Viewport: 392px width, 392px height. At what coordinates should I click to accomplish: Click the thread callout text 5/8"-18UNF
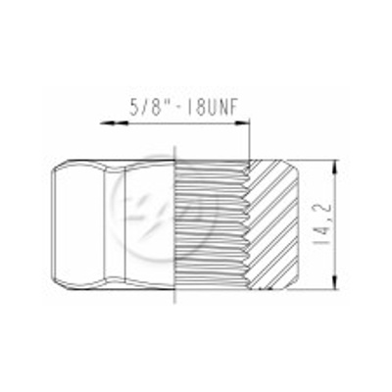pyautogui.click(x=183, y=107)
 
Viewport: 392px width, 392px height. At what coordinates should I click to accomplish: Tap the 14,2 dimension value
pyautogui.click(x=322, y=224)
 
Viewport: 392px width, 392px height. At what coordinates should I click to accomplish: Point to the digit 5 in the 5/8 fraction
pyautogui.click(x=135, y=107)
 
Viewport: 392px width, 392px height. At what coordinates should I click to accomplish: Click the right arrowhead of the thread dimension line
pyautogui.click(x=242, y=123)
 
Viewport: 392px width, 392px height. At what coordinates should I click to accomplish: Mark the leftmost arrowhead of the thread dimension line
pyautogui.click(x=107, y=123)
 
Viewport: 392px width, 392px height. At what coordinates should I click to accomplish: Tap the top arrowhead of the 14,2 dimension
pyautogui.click(x=335, y=168)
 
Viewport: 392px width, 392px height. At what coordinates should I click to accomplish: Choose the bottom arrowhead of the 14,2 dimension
pyautogui.click(x=335, y=281)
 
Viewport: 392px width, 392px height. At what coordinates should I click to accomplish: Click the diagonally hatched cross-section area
pyautogui.click(x=272, y=224)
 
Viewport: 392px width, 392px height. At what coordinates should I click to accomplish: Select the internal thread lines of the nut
pyautogui.click(x=211, y=224)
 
